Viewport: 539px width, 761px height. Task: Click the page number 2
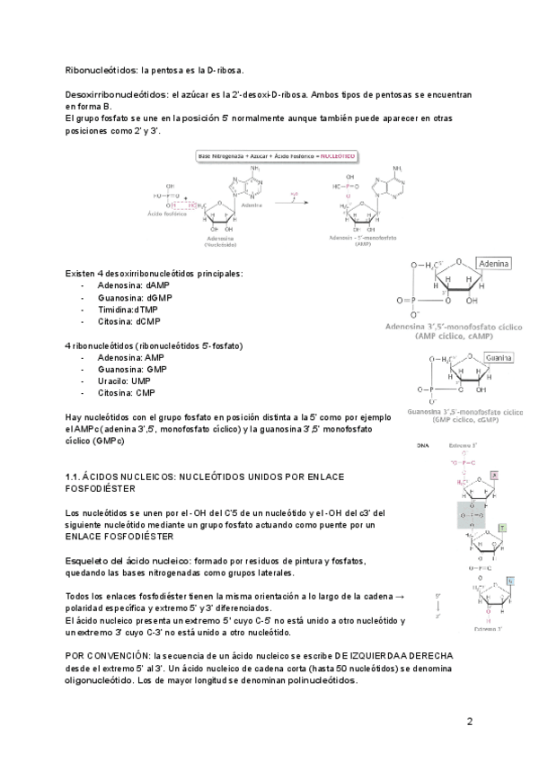tap(469, 721)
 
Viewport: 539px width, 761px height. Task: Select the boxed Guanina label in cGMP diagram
tap(498, 357)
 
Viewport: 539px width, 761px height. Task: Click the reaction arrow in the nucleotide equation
tap(288, 202)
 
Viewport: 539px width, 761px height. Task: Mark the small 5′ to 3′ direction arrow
tap(437, 606)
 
